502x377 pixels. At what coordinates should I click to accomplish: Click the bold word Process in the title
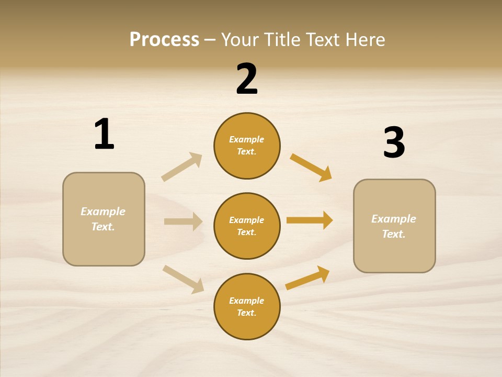164,39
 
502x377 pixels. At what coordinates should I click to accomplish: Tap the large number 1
104,134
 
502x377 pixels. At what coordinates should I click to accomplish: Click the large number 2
247,79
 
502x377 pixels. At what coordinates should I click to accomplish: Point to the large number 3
394,142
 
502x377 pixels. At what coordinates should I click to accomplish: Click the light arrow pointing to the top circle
181,167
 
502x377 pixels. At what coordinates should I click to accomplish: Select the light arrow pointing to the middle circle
183,221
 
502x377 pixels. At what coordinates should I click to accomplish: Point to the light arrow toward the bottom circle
183,279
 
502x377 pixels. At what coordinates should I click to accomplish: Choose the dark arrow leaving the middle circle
310,220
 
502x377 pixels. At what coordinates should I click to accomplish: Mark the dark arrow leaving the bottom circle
307,278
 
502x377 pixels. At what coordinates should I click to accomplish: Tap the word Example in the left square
103,212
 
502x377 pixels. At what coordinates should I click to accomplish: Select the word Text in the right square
393,234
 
